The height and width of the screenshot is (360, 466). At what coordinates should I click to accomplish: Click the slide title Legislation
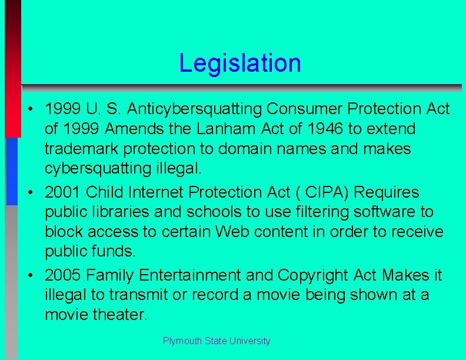click(x=240, y=63)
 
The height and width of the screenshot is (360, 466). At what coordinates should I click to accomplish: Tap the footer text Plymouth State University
click(x=217, y=341)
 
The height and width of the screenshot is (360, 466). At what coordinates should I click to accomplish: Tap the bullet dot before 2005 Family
click(x=29, y=275)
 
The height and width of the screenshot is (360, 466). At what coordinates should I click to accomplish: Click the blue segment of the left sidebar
click(x=12, y=171)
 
